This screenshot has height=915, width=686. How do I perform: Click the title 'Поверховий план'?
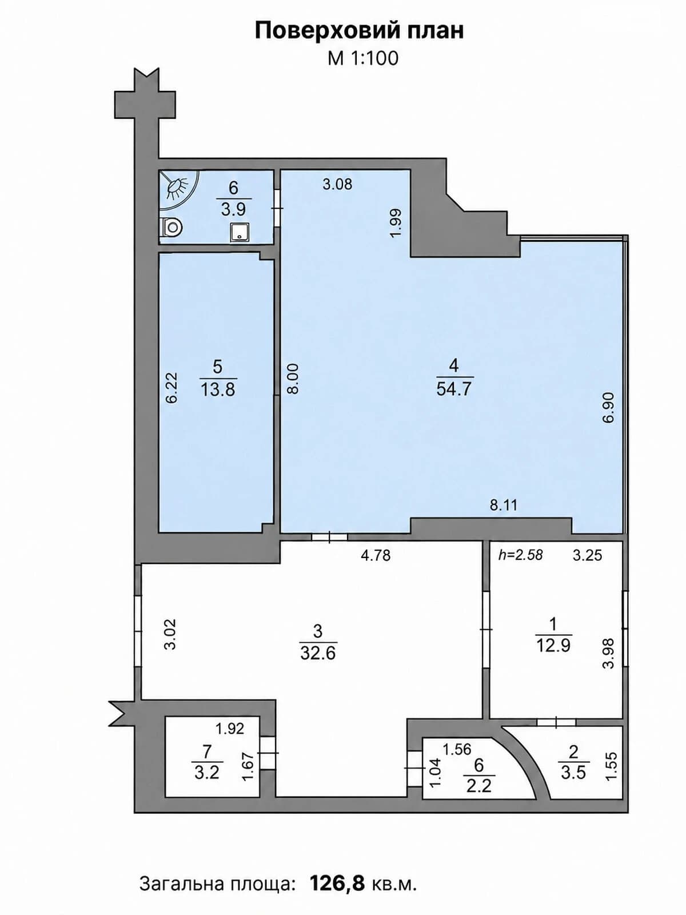359,31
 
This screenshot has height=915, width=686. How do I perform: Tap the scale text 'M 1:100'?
363,58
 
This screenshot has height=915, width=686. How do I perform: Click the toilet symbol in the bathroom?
171,227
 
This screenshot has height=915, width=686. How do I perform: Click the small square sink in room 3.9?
240,232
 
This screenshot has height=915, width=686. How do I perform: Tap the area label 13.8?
218,390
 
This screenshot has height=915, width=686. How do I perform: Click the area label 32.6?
318,653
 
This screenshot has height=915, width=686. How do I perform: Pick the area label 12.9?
553,646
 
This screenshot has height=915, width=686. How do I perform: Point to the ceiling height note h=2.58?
521,555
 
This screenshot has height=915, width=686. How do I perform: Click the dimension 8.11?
503,505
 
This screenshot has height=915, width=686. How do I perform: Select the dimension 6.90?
608,407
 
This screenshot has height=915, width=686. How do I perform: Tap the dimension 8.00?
293,379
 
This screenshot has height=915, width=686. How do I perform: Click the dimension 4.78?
376,555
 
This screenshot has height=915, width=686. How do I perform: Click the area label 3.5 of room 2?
573,773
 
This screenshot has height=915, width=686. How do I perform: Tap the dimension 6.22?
171,388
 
